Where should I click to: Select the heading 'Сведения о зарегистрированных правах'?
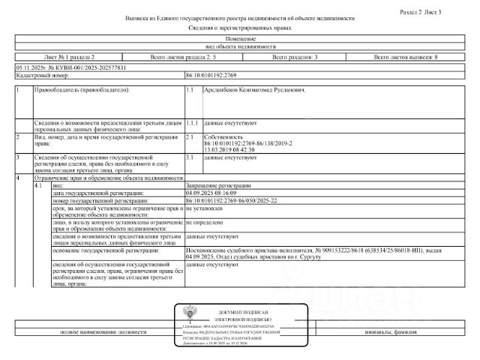(239, 26)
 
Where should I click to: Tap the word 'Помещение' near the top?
(239, 37)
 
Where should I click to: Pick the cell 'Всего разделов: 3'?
(295, 57)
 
